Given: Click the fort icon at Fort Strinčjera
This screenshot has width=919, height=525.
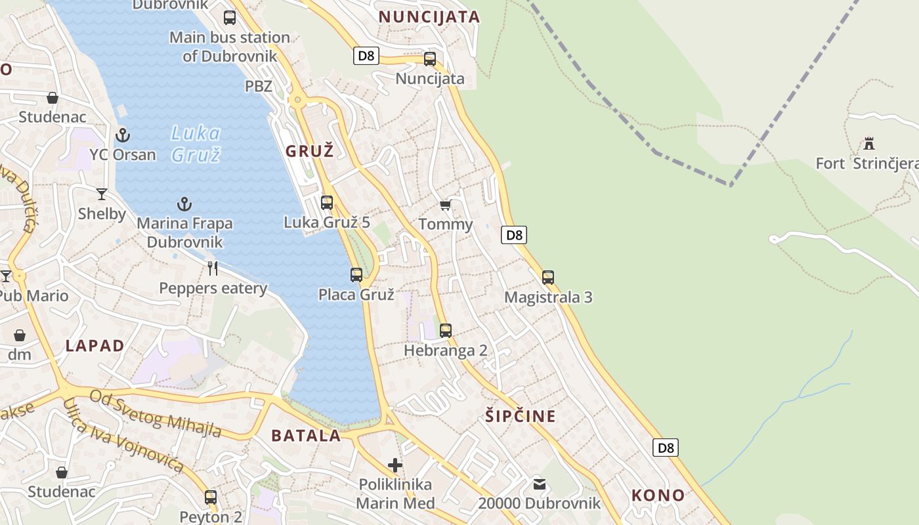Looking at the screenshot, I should [x=869, y=143].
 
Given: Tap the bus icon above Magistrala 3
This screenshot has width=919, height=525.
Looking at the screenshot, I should [x=548, y=277].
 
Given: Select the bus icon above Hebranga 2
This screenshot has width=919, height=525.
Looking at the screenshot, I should [x=446, y=330].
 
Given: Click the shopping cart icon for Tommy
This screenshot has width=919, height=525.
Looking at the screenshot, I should [x=445, y=205].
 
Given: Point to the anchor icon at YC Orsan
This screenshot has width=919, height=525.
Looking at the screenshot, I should [x=123, y=135].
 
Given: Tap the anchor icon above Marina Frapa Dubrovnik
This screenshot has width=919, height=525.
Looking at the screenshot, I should [x=184, y=204].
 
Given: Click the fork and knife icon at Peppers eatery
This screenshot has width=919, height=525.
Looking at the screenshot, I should [x=213, y=268].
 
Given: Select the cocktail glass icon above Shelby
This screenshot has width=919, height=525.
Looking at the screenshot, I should [x=102, y=194].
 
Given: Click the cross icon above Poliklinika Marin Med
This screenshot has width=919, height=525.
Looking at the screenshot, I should [x=395, y=465].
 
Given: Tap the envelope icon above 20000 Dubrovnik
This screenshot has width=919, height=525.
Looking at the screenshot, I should [x=540, y=484].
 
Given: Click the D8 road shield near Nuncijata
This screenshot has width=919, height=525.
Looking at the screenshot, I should [x=366, y=56].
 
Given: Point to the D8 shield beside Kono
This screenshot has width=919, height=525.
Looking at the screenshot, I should [x=666, y=448].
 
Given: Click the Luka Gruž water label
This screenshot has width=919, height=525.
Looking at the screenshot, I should [x=196, y=144].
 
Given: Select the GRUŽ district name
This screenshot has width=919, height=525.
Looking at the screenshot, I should [x=310, y=151].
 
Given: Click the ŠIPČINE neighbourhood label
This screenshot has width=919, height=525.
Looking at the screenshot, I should [x=521, y=415].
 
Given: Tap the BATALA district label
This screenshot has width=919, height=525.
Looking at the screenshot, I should [x=306, y=435].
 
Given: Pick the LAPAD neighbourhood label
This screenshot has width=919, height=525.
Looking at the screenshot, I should [x=95, y=346].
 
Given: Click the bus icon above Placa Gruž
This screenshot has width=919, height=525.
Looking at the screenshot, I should [x=356, y=274].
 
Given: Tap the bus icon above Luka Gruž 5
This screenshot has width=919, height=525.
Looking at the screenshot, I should [x=327, y=202].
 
